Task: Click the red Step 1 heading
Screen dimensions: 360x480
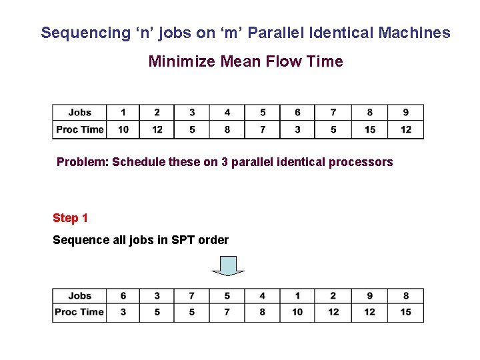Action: [70, 218]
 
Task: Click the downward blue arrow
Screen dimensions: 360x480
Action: [229, 266]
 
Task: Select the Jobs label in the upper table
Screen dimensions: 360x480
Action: [79, 112]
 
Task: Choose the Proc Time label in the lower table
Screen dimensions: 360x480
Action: [79, 312]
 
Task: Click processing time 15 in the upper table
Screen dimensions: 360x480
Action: [370, 129]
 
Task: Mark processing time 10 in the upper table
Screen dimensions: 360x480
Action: [123, 129]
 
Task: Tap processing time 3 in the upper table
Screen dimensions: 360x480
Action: [297, 129]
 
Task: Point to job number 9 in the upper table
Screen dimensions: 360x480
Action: [406, 112]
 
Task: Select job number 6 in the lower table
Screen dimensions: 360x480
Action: [123, 295]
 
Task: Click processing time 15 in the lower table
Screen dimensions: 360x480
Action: [406, 312]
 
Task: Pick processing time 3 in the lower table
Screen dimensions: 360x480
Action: [123, 312]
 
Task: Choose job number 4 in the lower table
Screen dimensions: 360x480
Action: [262, 295]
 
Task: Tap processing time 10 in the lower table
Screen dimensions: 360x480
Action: [297, 312]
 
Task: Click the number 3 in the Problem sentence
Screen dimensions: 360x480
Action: [235, 162]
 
